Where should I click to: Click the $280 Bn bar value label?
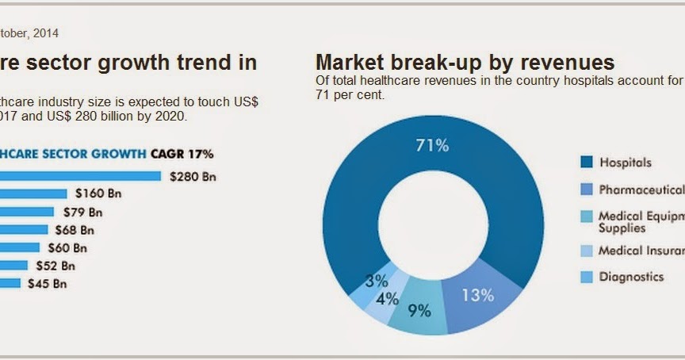click(x=193, y=177)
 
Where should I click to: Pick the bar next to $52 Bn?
click(x=14, y=266)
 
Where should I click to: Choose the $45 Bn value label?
click(x=47, y=283)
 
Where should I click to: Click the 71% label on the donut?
click(x=433, y=145)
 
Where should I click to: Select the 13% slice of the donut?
click(x=478, y=295)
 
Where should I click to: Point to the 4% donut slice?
click(x=387, y=299)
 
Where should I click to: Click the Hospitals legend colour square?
click(x=587, y=163)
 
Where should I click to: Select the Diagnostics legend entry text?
click(x=631, y=277)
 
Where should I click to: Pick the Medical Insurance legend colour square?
click(x=587, y=251)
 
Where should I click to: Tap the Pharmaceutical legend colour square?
click(x=587, y=190)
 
